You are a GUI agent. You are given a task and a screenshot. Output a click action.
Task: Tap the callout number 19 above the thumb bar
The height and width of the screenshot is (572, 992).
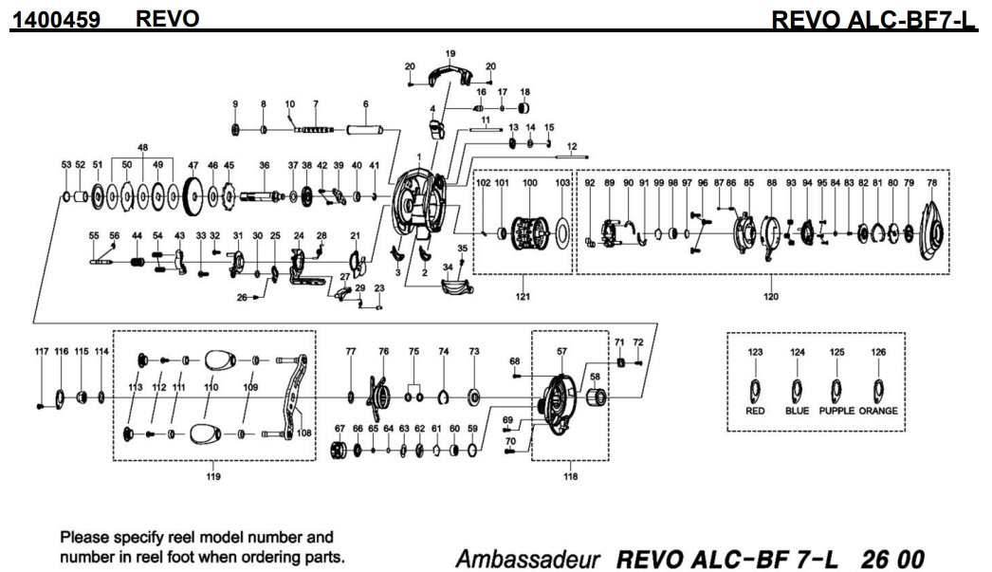point(450,53)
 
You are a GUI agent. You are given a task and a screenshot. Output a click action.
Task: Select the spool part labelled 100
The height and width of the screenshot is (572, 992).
point(528,231)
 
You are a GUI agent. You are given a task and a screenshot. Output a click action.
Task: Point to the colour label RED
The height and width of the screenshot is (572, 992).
point(755,411)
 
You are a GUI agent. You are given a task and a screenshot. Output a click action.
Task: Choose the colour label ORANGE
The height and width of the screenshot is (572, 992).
point(878,411)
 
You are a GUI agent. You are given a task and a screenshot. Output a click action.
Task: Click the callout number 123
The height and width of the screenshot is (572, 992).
point(755,352)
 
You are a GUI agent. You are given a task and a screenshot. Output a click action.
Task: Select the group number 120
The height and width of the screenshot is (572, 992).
point(769,296)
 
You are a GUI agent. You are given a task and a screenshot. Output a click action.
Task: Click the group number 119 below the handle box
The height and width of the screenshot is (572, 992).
point(214,476)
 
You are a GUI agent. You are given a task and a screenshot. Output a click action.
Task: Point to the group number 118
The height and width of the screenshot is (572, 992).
point(569,476)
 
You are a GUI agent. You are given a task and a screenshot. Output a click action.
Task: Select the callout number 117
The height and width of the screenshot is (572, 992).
point(42,351)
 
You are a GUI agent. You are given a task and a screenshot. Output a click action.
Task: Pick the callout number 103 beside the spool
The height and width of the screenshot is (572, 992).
point(562,182)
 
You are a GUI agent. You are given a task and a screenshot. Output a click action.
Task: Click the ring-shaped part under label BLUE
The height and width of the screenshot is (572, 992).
point(797,390)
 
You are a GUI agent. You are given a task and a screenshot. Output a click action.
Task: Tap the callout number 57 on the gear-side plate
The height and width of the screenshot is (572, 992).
point(561,351)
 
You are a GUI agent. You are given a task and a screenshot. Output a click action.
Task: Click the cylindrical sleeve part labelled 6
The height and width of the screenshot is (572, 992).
point(365,128)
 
